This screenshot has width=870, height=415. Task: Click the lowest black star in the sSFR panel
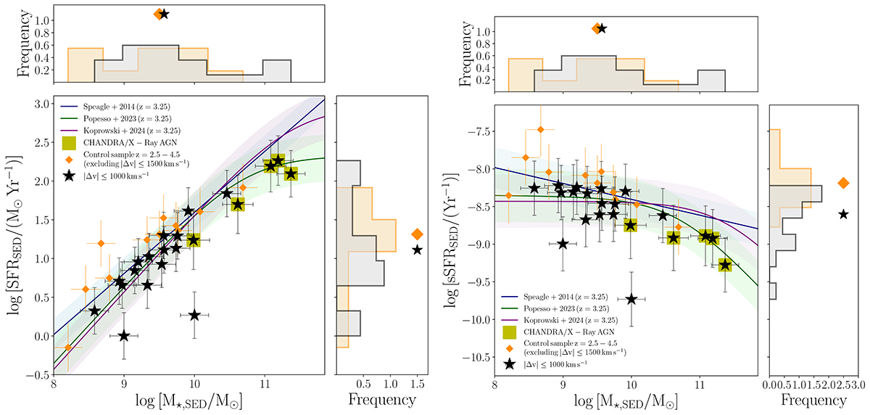631,299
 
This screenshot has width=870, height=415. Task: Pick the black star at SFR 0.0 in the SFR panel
124,336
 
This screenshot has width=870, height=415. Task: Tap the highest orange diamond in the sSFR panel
540,130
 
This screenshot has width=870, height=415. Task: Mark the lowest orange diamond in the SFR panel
68,348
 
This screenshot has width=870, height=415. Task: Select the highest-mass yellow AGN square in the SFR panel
291,173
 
